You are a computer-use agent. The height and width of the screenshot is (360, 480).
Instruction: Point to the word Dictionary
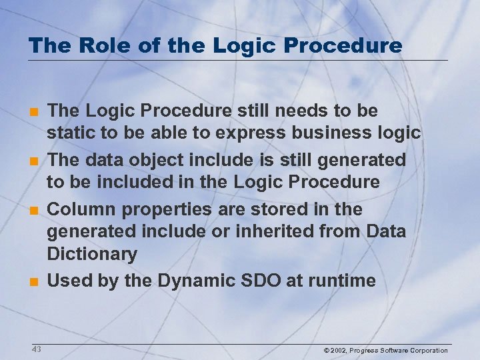(x=92, y=254)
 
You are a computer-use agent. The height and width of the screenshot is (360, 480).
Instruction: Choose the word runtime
(x=343, y=281)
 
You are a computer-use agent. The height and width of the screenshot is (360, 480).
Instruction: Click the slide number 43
(x=36, y=349)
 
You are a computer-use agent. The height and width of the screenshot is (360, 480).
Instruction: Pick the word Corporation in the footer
(x=425, y=351)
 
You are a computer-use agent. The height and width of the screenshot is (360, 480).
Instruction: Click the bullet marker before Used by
(x=33, y=281)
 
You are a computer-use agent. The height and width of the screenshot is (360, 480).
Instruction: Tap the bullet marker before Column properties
(x=33, y=209)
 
